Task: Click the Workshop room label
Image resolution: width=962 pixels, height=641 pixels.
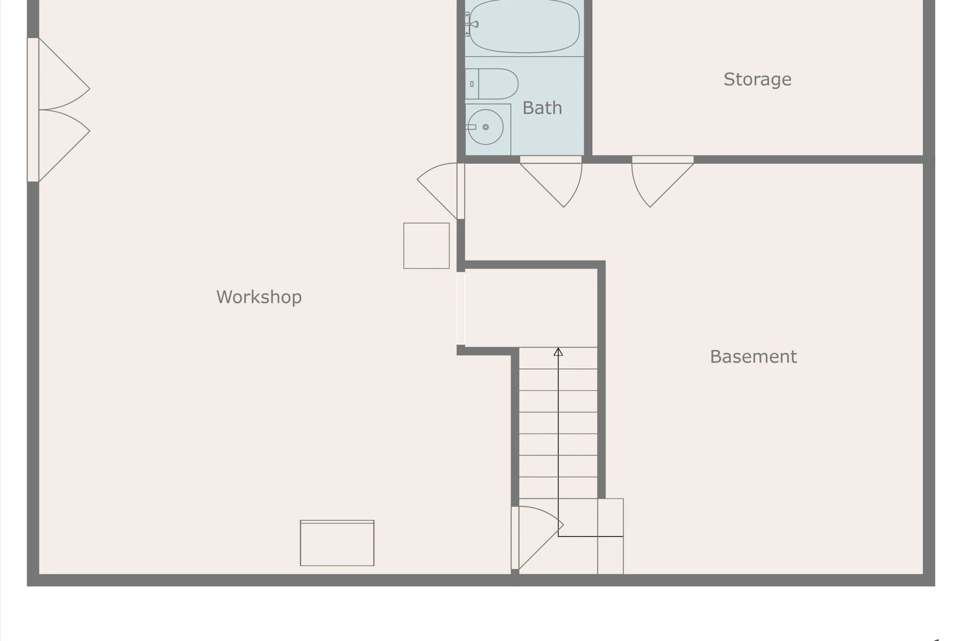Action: click(x=259, y=297)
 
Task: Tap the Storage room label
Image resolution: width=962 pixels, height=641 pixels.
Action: click(x=757, y=79)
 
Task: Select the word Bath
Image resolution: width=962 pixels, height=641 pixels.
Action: click(x=542, y=108)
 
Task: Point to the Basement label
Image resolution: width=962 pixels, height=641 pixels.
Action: click(x=753, y=357)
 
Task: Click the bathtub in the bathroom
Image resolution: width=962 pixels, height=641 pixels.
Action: click(x=524, y=26)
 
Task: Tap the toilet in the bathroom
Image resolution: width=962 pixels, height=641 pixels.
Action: click(x=492, y=84)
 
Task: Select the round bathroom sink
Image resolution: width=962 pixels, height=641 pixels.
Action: click(x=486, y=127)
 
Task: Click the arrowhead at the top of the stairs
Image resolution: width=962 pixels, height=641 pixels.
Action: click(x=558, y=352)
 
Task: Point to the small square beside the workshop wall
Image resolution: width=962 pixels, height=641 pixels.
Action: click(x=426, y=246)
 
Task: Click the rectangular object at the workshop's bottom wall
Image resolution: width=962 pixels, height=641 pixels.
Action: click(x=337, y=543)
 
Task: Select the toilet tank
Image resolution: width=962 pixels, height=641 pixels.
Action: click(x=472, y=84)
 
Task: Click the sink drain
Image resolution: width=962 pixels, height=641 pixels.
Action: click(x=486, y=127)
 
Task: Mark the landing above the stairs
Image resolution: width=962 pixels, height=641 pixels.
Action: click(x=531, y=308)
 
